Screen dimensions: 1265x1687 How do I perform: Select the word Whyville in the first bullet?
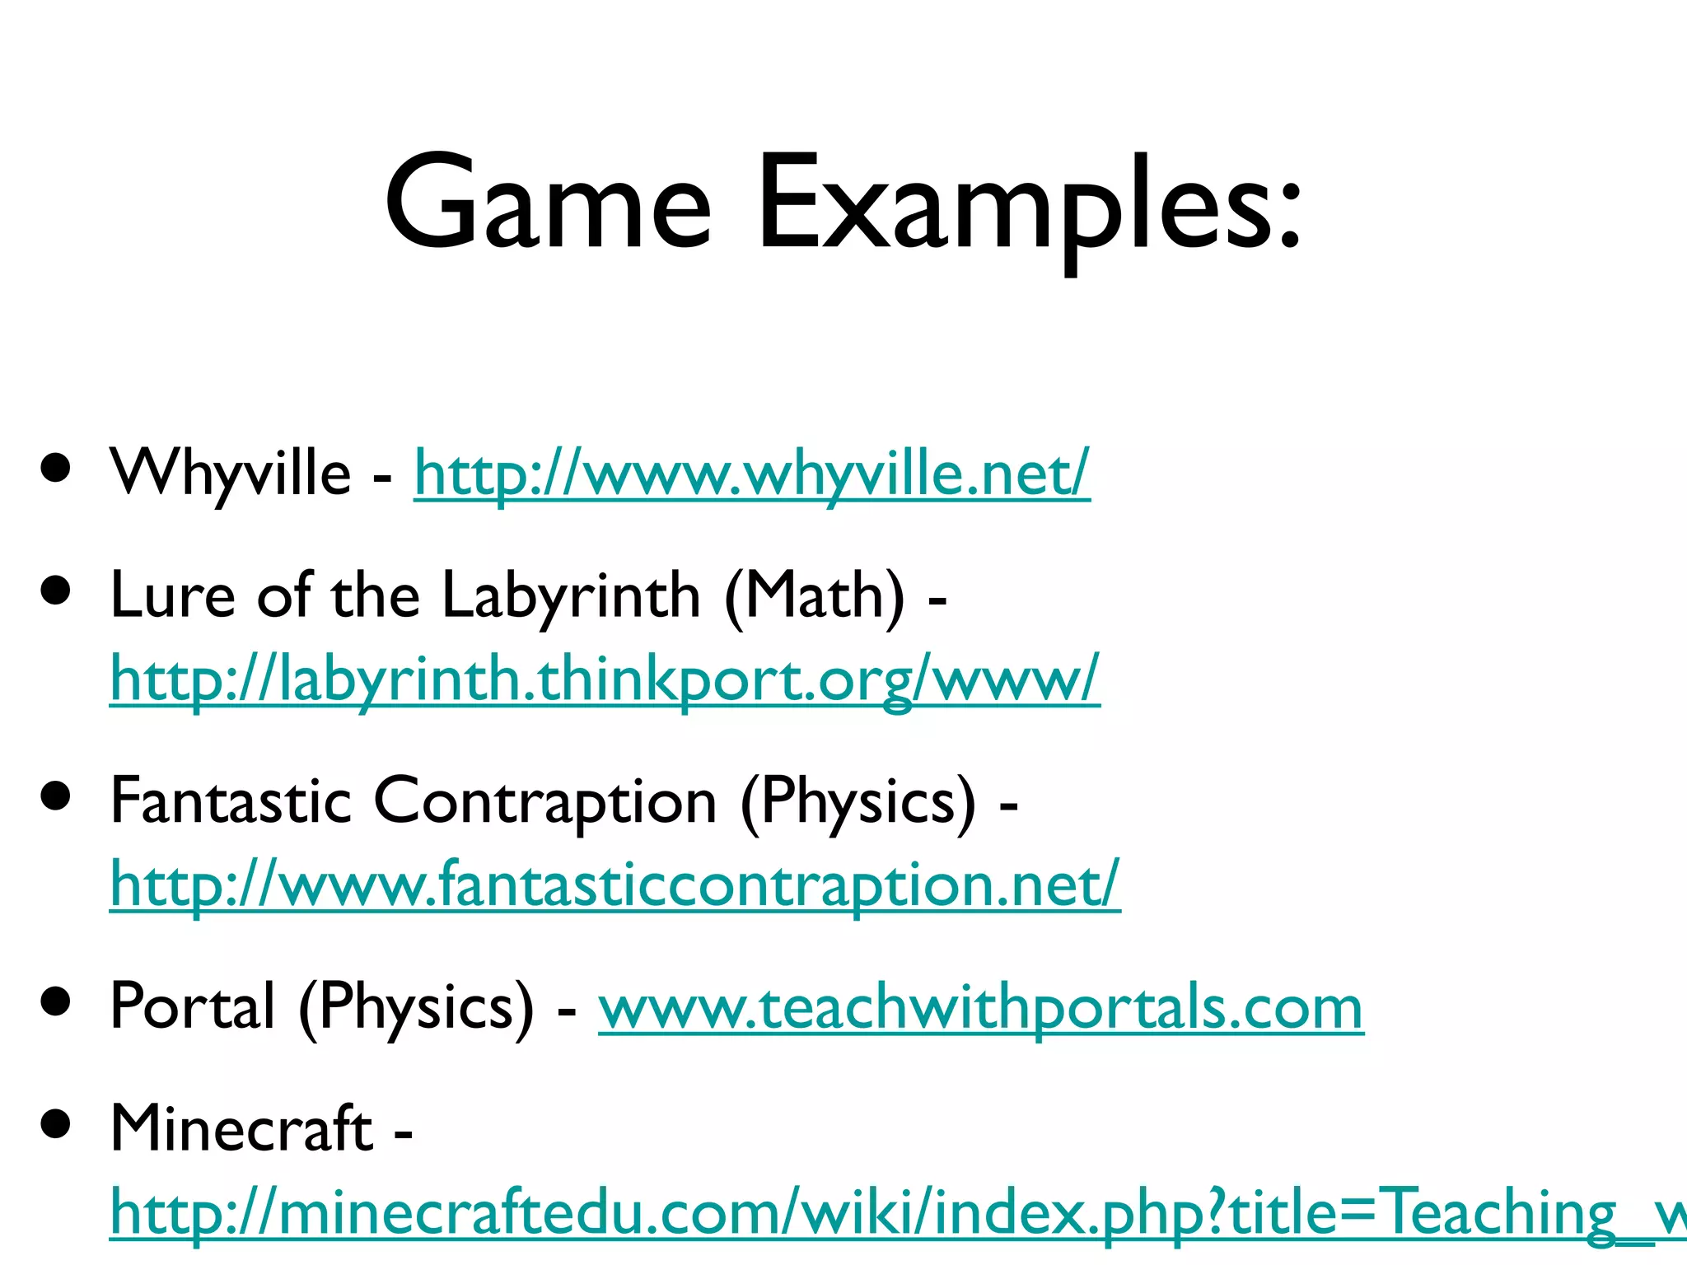pyautogui.click(x=231, y=473)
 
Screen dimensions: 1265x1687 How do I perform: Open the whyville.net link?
pyautogui.click(x=751, y=474)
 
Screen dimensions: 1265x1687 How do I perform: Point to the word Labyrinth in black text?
pyautogui.click(x=570, y=595)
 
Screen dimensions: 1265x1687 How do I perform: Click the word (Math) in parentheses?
pyautogui.click(x=814, y=595)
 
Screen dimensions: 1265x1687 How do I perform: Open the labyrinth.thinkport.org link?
pyautogui.click(x=605, y=679)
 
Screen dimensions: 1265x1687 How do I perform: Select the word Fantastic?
pyautogui.click(x=231, y=801)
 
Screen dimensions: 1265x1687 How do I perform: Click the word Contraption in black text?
pyautogui.click(x=545, y=801)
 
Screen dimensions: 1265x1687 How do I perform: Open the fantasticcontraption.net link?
pyautogui.click(x=615, y=885)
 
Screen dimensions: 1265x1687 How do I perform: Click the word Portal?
pyautogui.click(x=192, y=1006)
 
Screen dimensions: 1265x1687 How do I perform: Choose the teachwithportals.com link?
pyautogui.click(x=980, y=1008)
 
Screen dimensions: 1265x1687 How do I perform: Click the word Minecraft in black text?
pyautogui.click(x=241, y=1128)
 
